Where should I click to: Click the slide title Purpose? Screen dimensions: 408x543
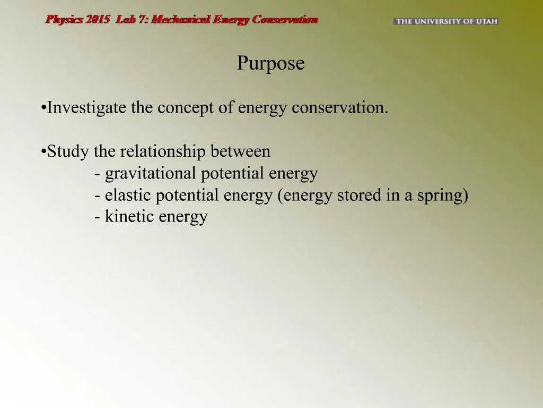click(x=270, y=64)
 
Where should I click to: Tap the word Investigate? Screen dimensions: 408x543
click(x=87, y=108)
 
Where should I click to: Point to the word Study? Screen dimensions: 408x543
click(x=68, y=152)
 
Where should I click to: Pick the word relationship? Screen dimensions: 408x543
click(x=163, y=152)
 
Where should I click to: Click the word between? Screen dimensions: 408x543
click(x=240, y=152)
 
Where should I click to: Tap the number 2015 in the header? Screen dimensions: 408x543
click(x=98, y=20)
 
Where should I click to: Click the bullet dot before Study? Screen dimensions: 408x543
click(x=43, y=152)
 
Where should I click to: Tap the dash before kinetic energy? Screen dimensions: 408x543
click(x=98, y=217)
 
